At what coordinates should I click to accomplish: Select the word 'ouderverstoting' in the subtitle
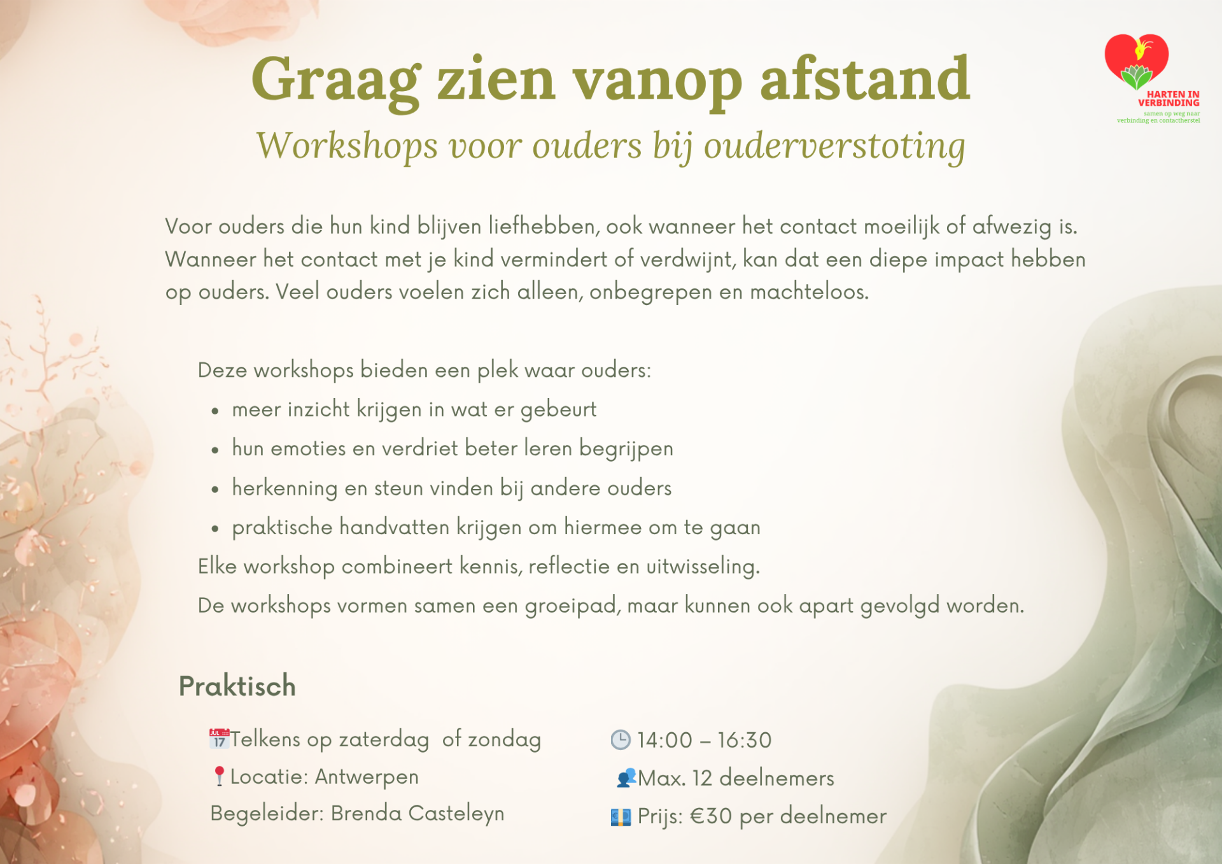click(834, 146)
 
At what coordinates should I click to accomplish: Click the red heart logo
click(1137, 61)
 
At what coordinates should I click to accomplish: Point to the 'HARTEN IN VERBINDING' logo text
click(1169, 99)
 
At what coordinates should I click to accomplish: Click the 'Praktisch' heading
click(237, 686)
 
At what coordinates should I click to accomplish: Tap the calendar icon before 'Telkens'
click(219, 739)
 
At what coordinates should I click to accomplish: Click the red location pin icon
click(219, 776)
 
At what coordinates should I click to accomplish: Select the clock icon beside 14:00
click(621, 740)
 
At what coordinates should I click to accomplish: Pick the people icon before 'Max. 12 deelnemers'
click(626, 778)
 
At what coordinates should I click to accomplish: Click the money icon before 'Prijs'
click(621, 817)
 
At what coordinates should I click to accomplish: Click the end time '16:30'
click(745, 740)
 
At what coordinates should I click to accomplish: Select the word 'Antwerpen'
click(367, 777)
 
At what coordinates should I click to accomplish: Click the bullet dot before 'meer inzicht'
click(215, 411)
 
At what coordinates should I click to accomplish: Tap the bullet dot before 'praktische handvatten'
click(215, 528)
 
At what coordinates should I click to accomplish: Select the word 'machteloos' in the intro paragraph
click(809, 292)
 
